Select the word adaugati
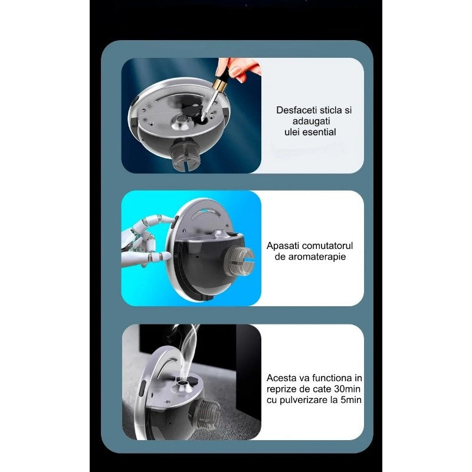coord(312,122)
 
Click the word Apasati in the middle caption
coord(283,246)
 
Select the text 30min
coord(347,389)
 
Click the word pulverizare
coord(303,401)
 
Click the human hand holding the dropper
coord(238,68)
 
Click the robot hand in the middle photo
coord(147,241)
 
